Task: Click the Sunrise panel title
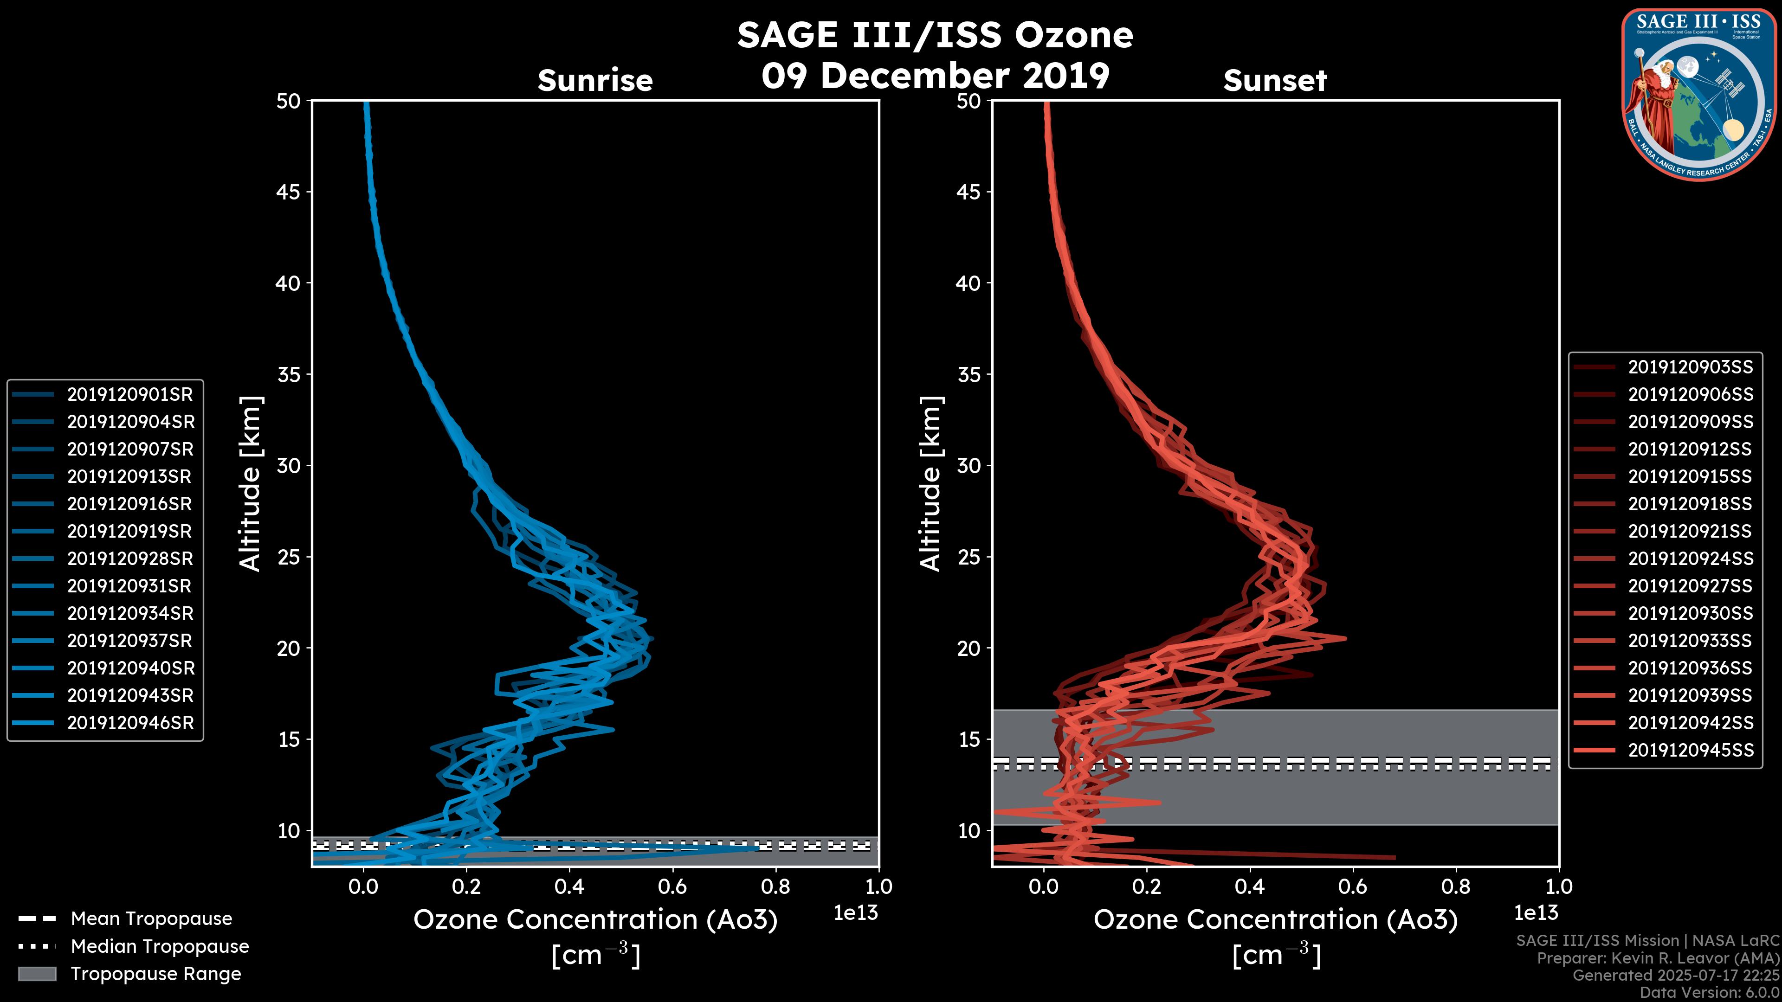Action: click(x=595, y=80)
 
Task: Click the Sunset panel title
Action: click(x=1275, y=80)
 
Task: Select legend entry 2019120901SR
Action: click(x=130, y=394)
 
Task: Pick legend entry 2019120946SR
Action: click(x=130, y=723)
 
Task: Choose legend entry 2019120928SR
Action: click(x=130, y=558)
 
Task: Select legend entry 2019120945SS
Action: click(x=1690, y=750)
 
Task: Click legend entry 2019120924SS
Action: click(x=1690, y=558)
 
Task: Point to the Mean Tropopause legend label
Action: click(x=151, y=918)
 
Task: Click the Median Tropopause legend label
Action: click(x=160, y=946)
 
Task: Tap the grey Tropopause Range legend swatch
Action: click(x=37, y=974)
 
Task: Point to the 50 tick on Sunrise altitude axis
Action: click(x=289, y=101)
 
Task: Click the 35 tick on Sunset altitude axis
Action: click(x=968, y=374)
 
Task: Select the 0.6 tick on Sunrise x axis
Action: click(x=672, y=886)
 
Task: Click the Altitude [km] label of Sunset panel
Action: click(x=930, y=483)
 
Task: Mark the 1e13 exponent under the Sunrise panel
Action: click(x=856, y=913)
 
